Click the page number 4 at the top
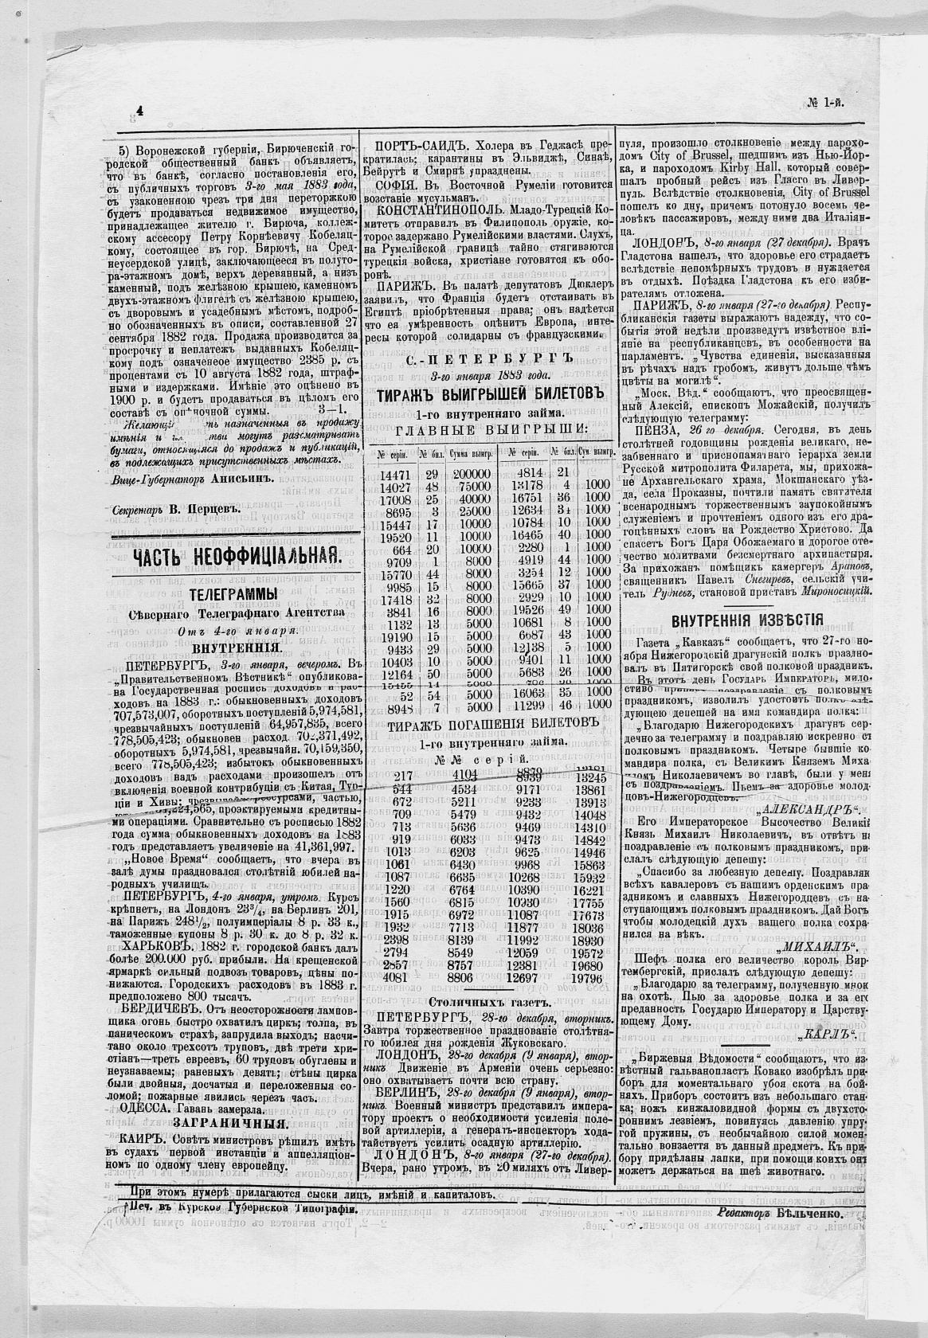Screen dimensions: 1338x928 140,112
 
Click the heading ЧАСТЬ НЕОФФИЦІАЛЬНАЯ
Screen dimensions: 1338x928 237,558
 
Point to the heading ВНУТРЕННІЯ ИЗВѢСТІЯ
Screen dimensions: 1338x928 747,620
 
